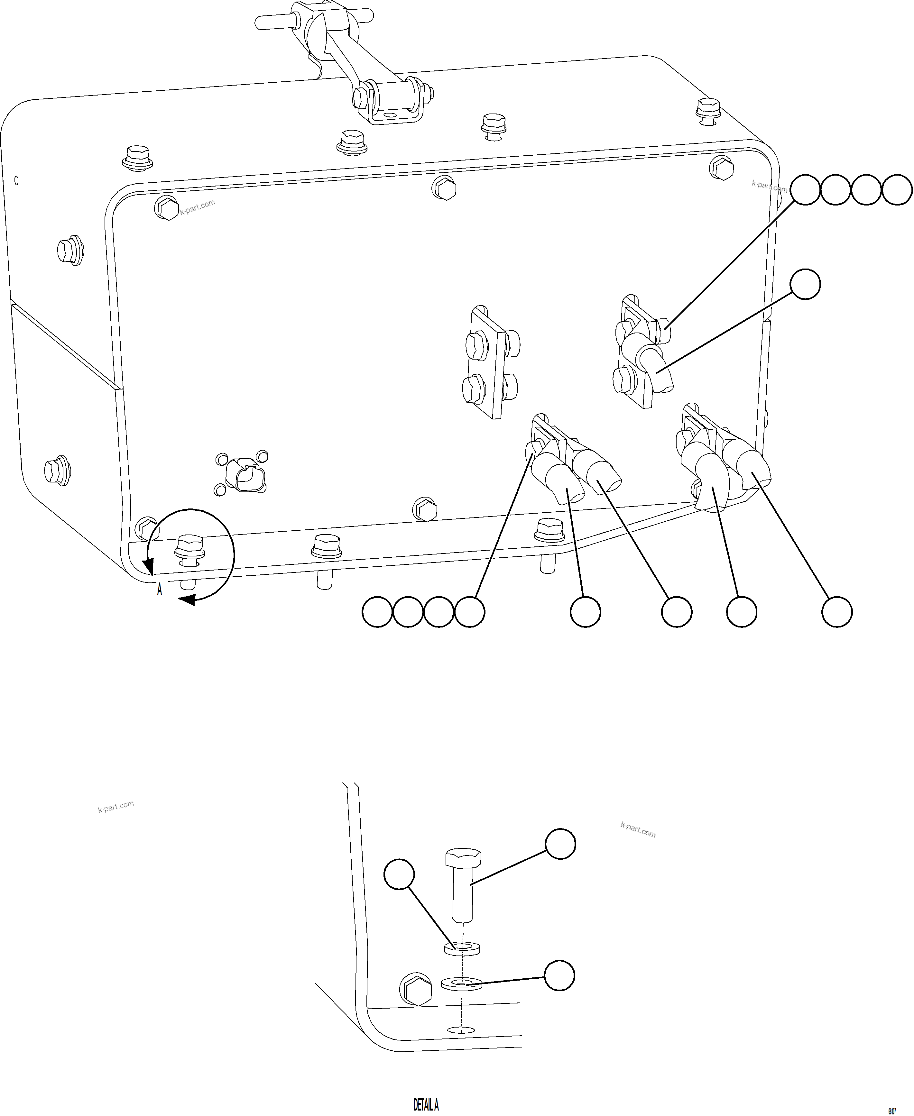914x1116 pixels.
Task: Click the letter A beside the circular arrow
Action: pyautogui.click(x=160, y=590)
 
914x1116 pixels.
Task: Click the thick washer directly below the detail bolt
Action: pyautogui.click(x=462, y=948)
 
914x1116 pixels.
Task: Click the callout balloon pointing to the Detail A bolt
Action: pyautogui.click(x=560, y=844)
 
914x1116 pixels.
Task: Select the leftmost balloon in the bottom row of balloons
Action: pyautogui.click(x=377, y=612)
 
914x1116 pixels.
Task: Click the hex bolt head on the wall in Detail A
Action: pyautogui.click(x=416, y=989)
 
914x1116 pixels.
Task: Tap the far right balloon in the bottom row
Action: pyautogui.click(x=837, y=612)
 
